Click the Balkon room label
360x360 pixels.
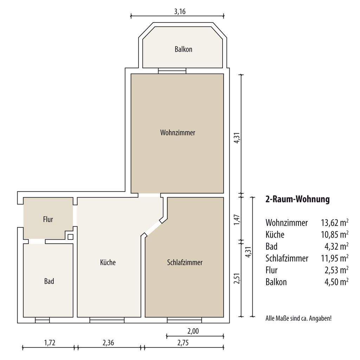point(183,49)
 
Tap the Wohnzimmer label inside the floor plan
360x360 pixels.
point(178,133)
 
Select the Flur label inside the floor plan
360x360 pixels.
point(48,219)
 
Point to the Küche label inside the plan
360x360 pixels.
point(108,262)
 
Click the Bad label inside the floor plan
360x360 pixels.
point(49,281)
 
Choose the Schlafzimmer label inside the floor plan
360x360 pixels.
point(185,262)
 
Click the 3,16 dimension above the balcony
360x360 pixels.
point(180,12)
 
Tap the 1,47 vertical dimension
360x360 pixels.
point(237,220)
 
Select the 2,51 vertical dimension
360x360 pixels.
point(237,278)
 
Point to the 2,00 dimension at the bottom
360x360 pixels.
point(193,331)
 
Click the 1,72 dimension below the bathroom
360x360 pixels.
point(50,342)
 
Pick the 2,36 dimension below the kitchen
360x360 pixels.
point(108,342)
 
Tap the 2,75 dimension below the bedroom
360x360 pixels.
point(183,342)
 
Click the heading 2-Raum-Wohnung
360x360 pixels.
point(297,199)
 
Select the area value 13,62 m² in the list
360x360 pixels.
point(335,223)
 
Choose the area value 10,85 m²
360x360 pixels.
point(335,234)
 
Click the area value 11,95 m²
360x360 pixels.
point(335,258)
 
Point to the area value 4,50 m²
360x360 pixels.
point(336,282)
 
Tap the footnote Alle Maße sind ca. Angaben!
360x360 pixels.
point(298,318)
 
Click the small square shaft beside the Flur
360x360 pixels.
point(70,237)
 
